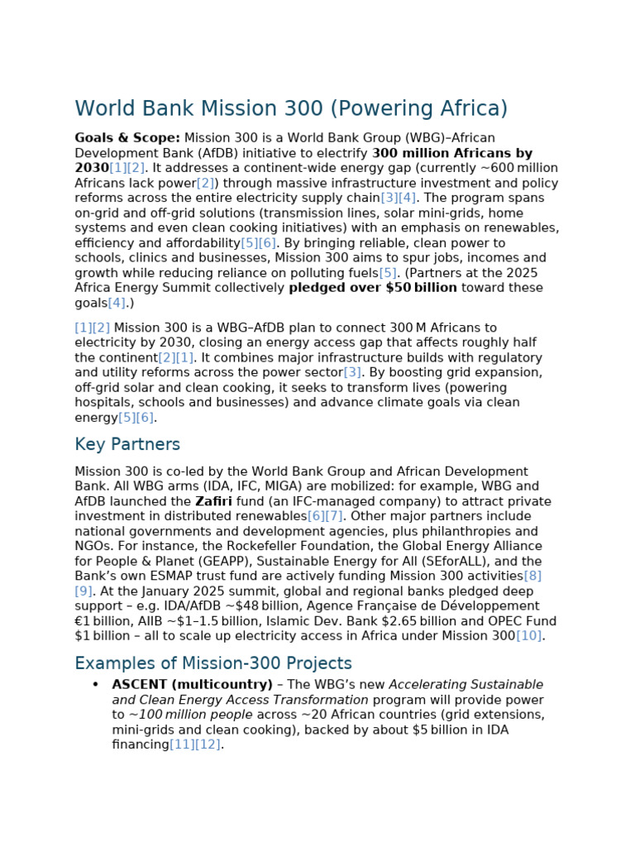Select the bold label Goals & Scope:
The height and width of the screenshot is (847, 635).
click(127, 138)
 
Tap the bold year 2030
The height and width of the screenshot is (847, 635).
click(92, 168)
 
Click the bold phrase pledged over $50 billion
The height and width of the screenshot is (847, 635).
click(373, 288)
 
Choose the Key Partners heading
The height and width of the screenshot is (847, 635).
click(127, 444)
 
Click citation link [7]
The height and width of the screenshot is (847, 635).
click(334, 516)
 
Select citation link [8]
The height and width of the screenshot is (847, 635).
click(532, 576)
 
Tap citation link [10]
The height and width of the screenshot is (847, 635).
click(529, 636)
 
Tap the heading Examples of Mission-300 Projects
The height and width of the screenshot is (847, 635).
click(213, 663)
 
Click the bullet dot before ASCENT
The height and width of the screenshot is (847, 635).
click(95, 685)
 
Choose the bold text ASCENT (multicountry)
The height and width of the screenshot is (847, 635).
click(192, 685)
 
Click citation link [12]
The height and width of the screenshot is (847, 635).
click(209, 744)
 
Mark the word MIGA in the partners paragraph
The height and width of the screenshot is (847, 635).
click(260, 486)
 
